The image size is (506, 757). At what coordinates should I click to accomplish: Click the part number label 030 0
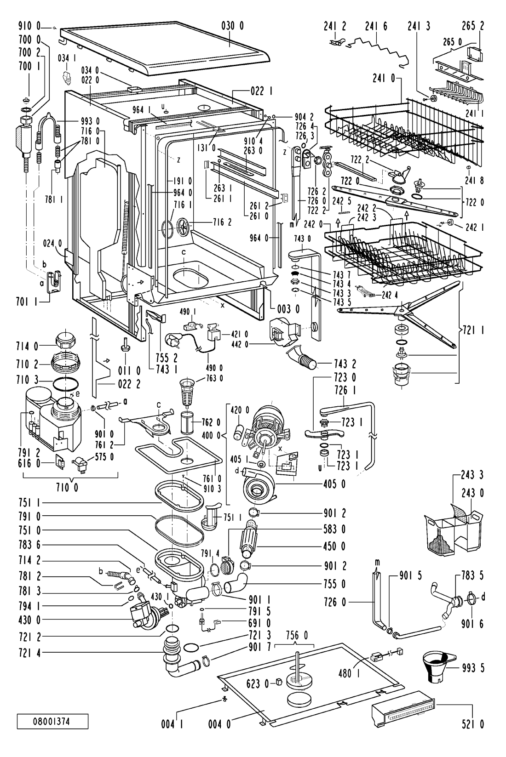click(232, 26)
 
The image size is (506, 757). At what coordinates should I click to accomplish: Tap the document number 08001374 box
click(52, 722)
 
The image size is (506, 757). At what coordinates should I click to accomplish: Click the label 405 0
click(334, 484)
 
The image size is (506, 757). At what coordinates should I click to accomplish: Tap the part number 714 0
click(27, 346)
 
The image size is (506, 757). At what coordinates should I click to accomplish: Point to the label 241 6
click(376, 26)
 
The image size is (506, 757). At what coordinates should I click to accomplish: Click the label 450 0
click(334, 546)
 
